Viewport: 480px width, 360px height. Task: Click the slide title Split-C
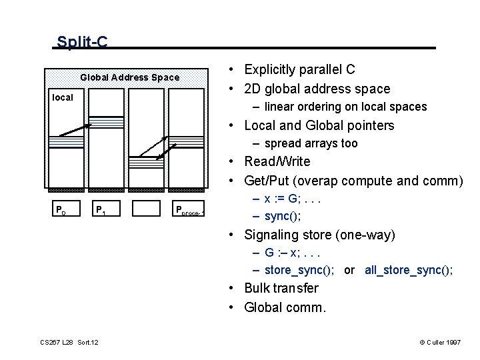click(82, 43)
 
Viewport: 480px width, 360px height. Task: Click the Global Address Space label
click(130, 77)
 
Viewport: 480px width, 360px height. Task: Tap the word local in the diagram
click(63, 97)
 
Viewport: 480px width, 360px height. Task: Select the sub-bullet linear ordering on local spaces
click(345, 107)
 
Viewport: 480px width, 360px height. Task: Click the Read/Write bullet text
click(277, 161)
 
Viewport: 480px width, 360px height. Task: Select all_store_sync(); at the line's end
click(409, 270)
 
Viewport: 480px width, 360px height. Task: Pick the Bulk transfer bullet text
click(281, 288)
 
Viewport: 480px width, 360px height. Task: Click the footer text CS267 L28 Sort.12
click(69, 343)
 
